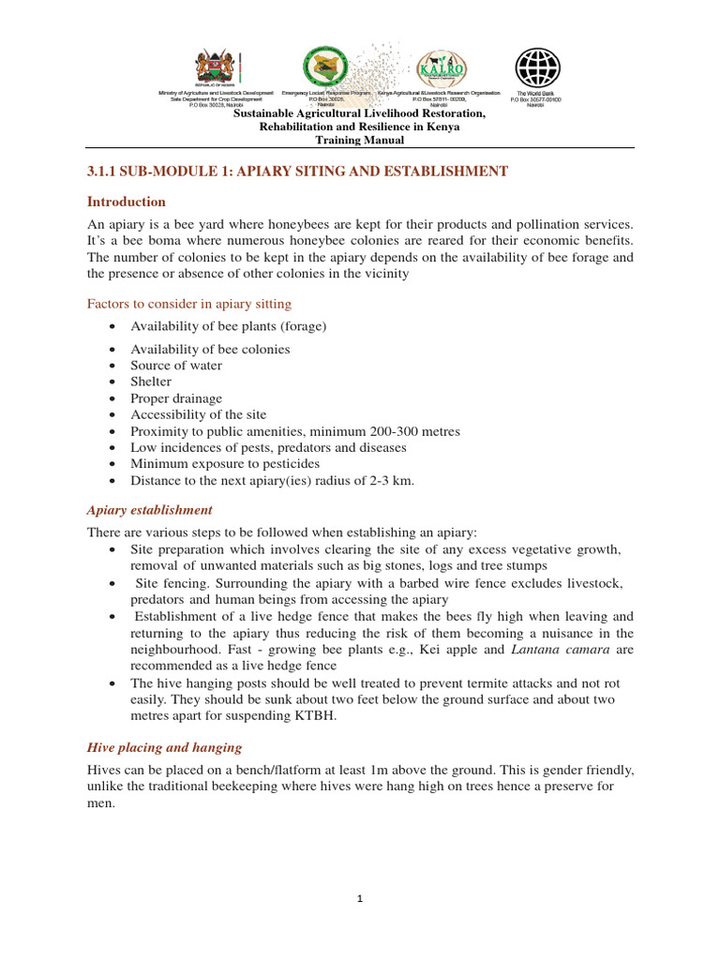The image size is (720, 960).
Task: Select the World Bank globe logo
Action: pyautogui.click(x=537, y=67)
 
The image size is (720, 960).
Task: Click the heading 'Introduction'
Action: pyautogui.click(x=126, y=202)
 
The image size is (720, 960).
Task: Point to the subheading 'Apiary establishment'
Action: pyautogui.click(x=149, y=510)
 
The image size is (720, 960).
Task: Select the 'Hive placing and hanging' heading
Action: pyautogui.click(x=164, y=747)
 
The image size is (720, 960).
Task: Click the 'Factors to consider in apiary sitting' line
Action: pyautogui.click(x=188, y=304)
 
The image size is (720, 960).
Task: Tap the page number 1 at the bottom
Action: pyautogui.click(x=361, y=899)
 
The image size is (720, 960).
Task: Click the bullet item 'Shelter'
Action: pyautogui.click(x=151, y=382)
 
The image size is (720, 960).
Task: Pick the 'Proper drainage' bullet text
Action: pyautogui.click(x=176, y=398)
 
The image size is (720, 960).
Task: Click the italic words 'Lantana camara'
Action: pyautogui.click(x=556, y=650)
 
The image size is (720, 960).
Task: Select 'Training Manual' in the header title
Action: pyautogui.click(x=359, y=140)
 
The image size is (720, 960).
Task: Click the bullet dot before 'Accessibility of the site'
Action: pyautogui.click(x=112, y=414)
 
